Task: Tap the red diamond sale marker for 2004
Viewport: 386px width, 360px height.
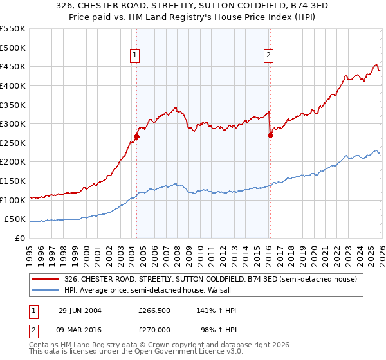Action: click(136, 136)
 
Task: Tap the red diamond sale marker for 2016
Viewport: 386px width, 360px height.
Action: click(270, 135)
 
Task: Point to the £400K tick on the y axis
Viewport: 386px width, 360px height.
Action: click(13, 85)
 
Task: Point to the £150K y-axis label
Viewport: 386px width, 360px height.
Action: click(13, 181)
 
